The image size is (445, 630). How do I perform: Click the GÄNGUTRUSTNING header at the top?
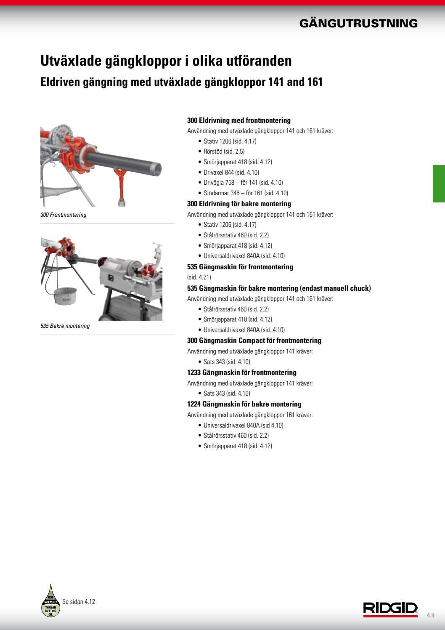coord(358,24)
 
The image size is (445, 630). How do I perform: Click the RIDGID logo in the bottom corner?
coord(391,609)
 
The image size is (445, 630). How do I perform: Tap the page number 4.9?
coord(430,615)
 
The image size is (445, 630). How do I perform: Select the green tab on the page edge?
coord(439,183)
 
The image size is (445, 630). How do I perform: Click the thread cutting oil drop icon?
coord(50,601)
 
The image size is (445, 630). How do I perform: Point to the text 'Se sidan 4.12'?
coord(79,602)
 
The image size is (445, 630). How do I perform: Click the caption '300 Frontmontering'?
coord(63,215)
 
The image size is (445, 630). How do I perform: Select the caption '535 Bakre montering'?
coord(65,326)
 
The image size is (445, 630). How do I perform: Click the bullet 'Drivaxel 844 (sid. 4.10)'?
coord(231,173)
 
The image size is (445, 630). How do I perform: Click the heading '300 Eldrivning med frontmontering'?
coord(238,121)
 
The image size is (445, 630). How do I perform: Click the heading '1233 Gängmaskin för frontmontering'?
coord(241,373)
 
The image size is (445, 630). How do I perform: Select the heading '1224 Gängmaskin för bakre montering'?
coord(244,404)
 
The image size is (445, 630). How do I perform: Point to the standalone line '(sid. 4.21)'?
coord(199,277)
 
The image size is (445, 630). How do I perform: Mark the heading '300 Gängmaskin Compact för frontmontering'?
coord(254,341)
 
